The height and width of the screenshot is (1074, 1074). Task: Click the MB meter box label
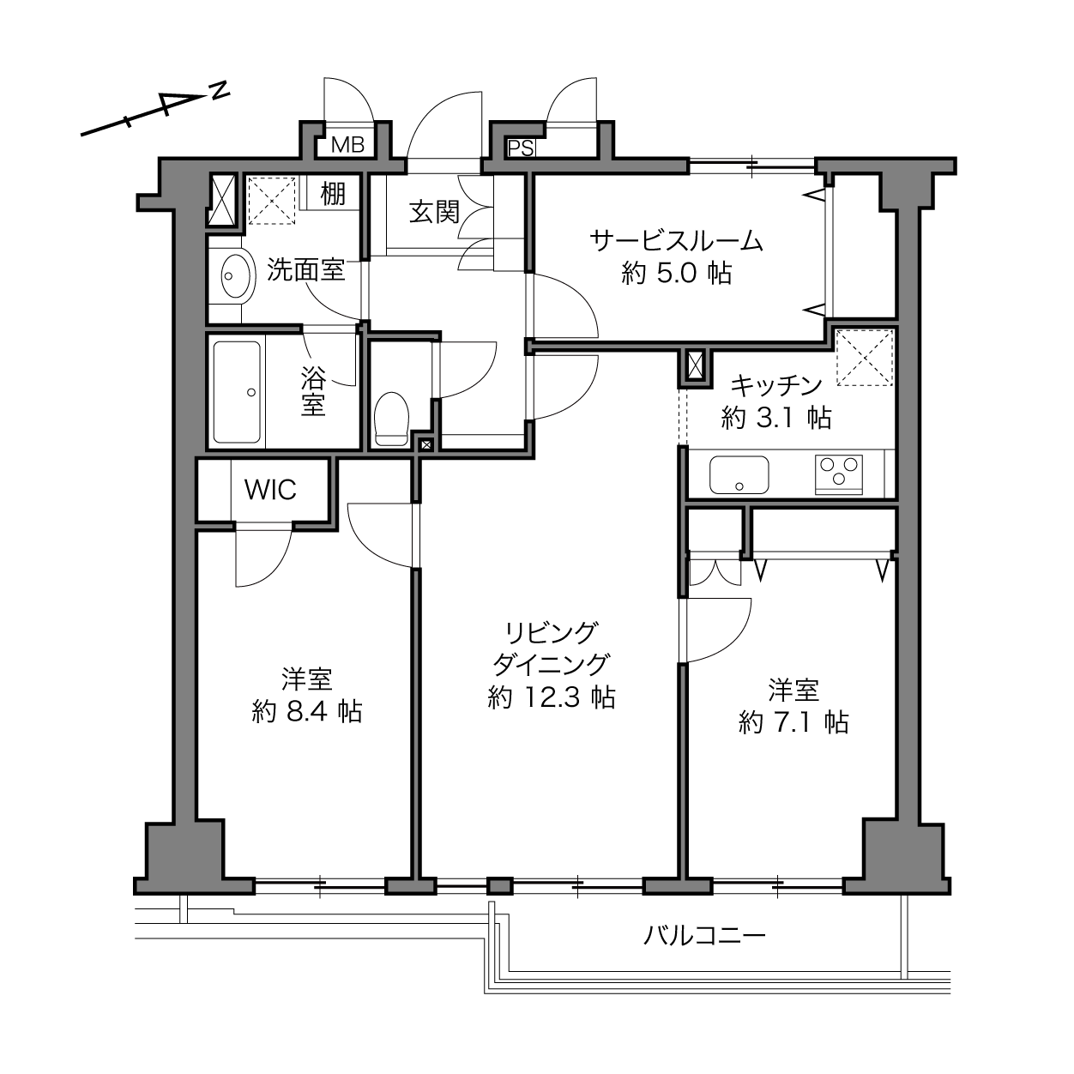(x=347, y=145)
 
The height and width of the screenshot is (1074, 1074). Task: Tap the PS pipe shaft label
(x=521, y=148)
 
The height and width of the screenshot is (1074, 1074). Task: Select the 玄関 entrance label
(x=434, y=212)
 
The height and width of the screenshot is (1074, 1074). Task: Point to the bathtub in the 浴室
(x=237, y=392)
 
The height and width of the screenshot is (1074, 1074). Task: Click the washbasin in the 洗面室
(x=236, y=276)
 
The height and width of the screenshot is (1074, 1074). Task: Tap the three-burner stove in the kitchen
(x=838, y=474)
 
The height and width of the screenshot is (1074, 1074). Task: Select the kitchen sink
(x=739, y=475)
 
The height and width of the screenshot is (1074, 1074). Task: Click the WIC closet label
(x=270, y=490)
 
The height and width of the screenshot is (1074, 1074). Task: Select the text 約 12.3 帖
(x=552, y=697)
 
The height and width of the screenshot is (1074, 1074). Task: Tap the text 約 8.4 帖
(x=307, y=712)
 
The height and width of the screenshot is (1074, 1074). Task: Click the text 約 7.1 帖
(x=793, y=723)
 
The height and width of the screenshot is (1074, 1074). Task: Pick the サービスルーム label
(x=677, y=241)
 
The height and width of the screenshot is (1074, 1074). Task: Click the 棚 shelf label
(x=333, y=193)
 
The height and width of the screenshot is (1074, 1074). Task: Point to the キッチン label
(x=775, y=385)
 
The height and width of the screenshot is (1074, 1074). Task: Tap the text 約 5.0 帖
(x=677, y=274)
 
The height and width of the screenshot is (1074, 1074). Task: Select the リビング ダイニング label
(x=551, y=649)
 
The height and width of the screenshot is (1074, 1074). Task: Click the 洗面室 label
(x=306, y=269)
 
